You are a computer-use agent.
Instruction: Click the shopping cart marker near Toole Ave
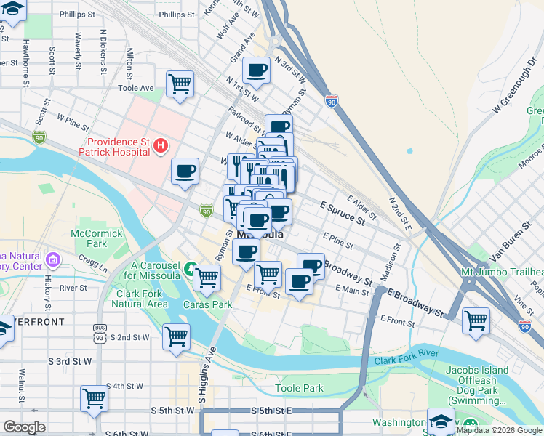[180, 84]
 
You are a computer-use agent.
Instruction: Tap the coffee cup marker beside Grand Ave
[256, 70]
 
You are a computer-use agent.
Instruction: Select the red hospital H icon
[161, 146]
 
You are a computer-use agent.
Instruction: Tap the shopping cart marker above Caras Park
[207, 277]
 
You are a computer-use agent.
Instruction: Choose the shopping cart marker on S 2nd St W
[176, 337]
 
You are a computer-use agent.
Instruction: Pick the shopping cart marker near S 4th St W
[95, 398]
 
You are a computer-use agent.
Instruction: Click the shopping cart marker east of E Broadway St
[476, 320]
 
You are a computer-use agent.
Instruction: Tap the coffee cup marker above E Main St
[298, 280]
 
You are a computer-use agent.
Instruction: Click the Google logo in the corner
[24, 427]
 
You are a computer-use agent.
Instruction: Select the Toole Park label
[300, 388]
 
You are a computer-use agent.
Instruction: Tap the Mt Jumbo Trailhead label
[502, 272]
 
